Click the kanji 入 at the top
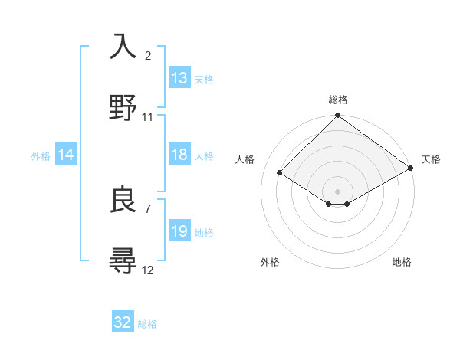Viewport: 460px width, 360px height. pos(123,47)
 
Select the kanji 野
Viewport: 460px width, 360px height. pos(123,108)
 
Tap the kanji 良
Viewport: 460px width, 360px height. pos(123,200)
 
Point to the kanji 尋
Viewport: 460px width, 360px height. pos(123,261)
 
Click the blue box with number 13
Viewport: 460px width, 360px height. pos(179,78)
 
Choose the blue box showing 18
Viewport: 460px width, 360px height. pos(179,155)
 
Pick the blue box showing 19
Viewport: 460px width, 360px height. pos(179,231)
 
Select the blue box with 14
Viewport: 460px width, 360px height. pos(66,155)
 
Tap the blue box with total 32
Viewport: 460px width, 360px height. pos(123,322)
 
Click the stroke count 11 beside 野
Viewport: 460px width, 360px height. pos(148,117)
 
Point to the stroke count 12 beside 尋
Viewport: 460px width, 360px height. pos(148,270)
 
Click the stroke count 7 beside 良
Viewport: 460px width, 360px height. pos(148,208)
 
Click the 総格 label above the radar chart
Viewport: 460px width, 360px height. pos(338,100)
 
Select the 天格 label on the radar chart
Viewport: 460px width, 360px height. pos(431,159)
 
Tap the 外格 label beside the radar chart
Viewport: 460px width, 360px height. pos(270,262)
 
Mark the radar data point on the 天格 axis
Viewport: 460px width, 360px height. pos(412,169)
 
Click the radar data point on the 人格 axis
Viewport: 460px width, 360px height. pos(280,173)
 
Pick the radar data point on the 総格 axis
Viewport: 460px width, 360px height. pos(338,116)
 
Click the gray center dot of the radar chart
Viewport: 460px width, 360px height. pos(338,191)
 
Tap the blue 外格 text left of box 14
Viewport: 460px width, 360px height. pos(41,156)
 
